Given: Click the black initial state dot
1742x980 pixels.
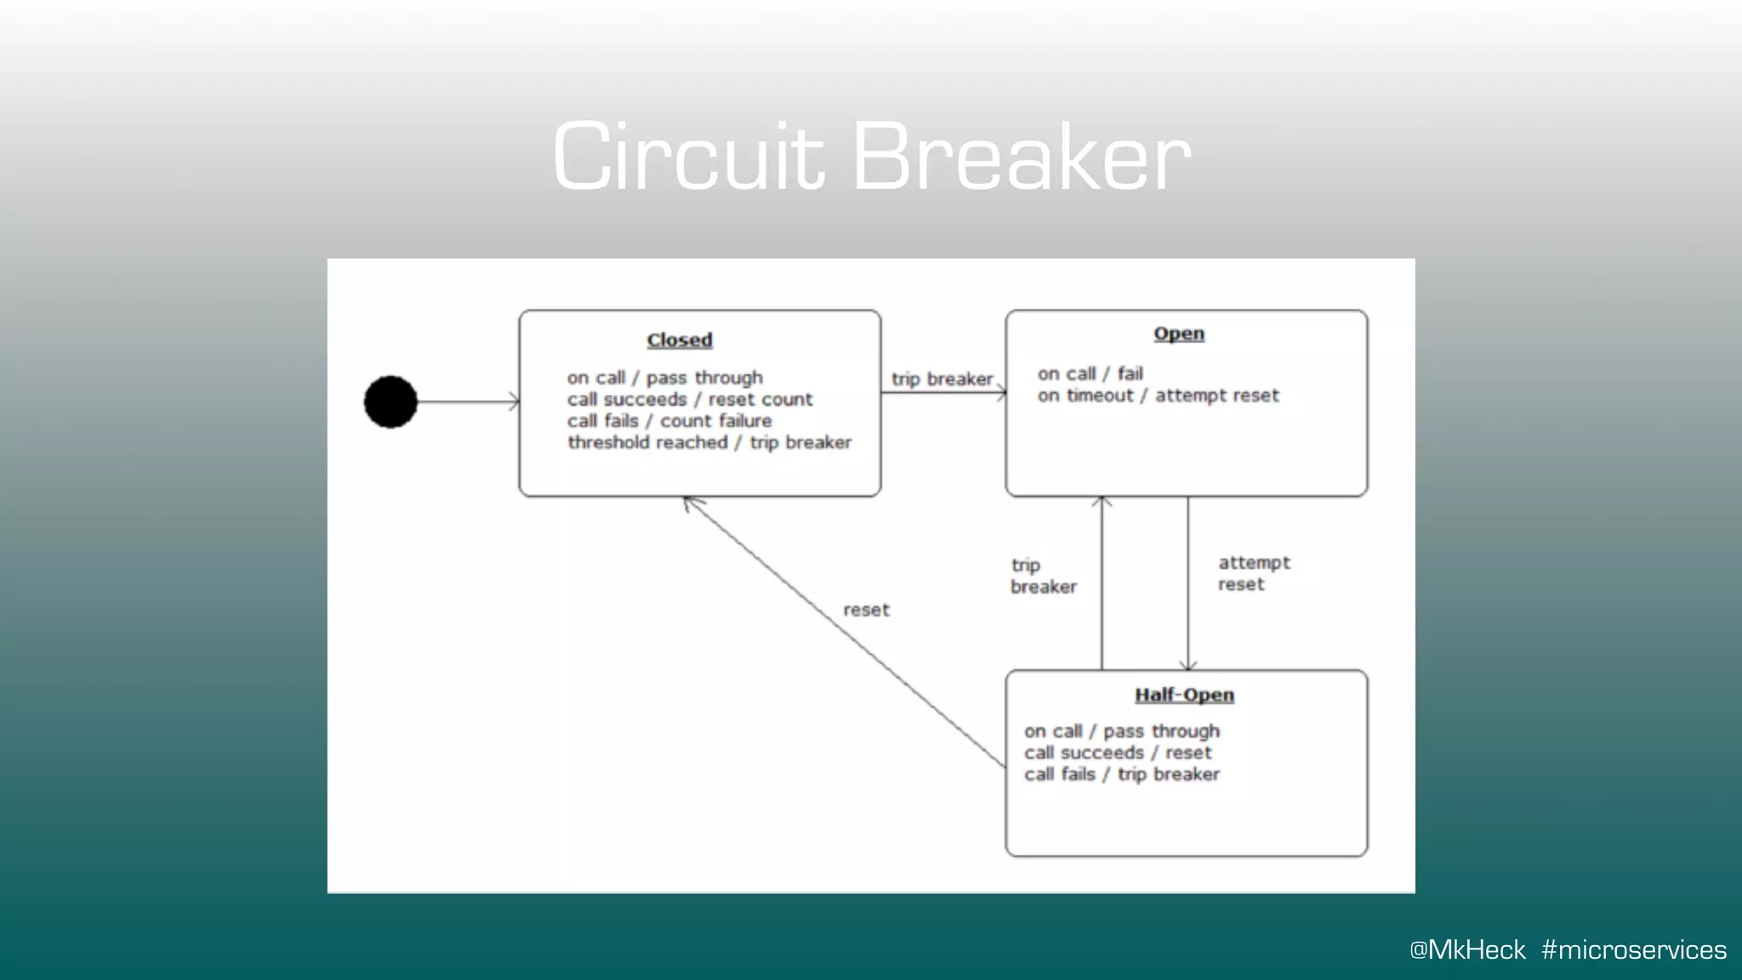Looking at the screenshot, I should pyautogui.click(x=390, y=402).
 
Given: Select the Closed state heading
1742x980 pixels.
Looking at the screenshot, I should pyautogui.click(x=679, y=339).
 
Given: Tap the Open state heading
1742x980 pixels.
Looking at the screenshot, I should pyautogui.click(x=1178, y=333).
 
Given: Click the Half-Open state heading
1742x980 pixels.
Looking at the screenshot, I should pyautogui.click(x=1184, y=695).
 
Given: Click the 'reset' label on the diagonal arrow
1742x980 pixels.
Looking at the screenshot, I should pyautogui.click(x=866, y=610).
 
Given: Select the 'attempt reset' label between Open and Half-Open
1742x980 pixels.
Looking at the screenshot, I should pyautogui.click(x=1253, y=573).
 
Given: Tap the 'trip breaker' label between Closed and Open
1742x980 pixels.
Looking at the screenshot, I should pyautogui.click(x=942, y=379).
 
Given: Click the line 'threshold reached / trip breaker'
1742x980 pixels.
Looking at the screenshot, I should pyautogui.click(x=709, y=442).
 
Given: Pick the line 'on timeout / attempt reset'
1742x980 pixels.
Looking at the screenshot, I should pyautogui.click(x=1158, y=396).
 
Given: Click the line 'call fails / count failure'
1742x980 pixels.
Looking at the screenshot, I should pyautogui.click(x=669, y=421).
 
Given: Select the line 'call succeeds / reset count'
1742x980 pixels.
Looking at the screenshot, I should pyautogui.click(x=690, y=399).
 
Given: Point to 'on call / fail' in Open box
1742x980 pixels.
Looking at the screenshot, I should pyautogui.click(x=1090, y=373).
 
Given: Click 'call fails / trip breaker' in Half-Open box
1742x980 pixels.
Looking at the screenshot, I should pyautogui.click(x=1121, y=774).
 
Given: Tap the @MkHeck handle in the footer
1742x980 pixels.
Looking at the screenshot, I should pyautogui.click(x=1467, y=949).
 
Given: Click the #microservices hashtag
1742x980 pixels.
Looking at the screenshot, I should pyautogui.click(x=1633, y=949).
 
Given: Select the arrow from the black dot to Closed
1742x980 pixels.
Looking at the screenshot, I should pyautogui.click(x=468, y=402).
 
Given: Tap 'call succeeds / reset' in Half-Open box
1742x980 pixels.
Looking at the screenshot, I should pyautogui.click(x=1117, y=753).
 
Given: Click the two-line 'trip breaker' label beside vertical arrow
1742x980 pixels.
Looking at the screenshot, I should pyautogui.click(x=1043, y=576).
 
